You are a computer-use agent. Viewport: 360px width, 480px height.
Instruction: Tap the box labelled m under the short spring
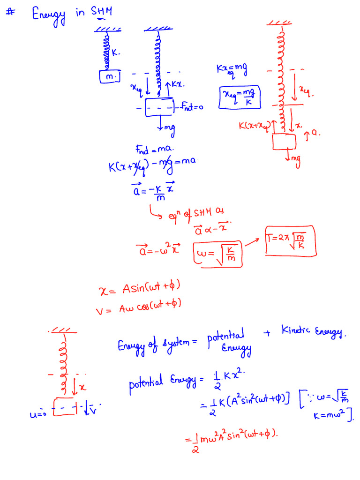(110, 76)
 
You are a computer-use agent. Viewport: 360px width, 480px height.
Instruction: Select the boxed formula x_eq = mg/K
(240, 97)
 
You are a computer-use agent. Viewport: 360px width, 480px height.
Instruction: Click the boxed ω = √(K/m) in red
(218, 255)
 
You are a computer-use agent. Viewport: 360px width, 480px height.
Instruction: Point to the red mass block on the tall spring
(284, 142)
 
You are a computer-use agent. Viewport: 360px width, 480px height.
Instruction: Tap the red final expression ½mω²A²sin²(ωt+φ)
(232, 439)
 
